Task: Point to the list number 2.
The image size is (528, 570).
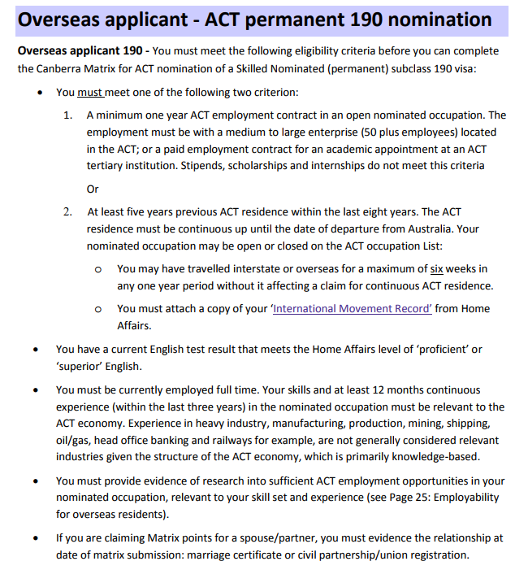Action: click(68, 213)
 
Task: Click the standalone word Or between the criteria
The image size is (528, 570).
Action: click(92, 189)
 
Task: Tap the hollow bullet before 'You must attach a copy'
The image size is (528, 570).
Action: click(97, 310)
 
